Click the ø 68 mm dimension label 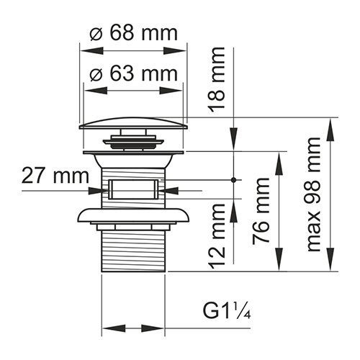(132, 34)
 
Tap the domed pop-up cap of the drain (133, 124)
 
